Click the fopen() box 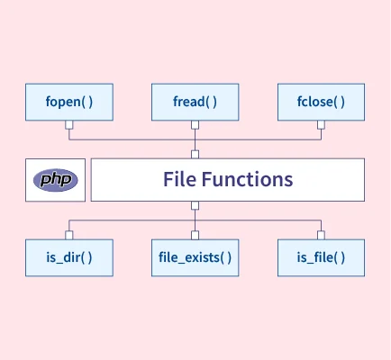coord(69,102)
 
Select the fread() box coord(195,102)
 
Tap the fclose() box coord(322,102)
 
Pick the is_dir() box coord(69,257)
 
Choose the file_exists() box coord(195,257)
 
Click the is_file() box coord(322,257)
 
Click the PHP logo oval coord(56,180)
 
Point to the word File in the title coord(180,179)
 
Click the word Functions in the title coord(247,179)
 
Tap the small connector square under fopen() coord(69,125)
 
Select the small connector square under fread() coord(195,125)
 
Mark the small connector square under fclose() coord(321,125)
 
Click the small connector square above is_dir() coord(69,235)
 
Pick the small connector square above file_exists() coord(195,235)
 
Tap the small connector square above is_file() coord(321,235)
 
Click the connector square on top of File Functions coord(195,155)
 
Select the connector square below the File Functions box coord(195,205)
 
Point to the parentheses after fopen coord(86,102)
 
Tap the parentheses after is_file coord(339,257)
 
